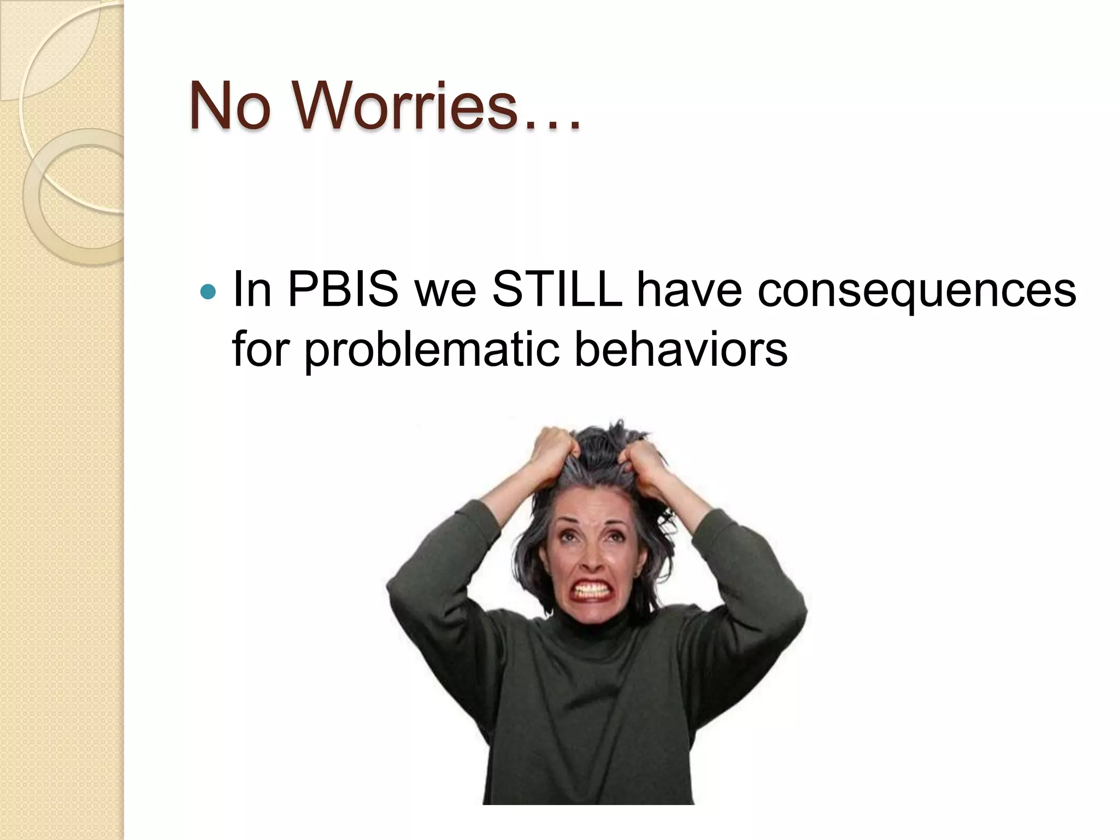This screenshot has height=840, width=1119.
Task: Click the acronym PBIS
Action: [343, 290]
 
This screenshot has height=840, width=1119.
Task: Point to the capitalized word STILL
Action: [557, 290]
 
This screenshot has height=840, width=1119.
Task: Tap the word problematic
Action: [432, 350]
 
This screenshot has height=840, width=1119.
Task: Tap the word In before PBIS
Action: [252, 290]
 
